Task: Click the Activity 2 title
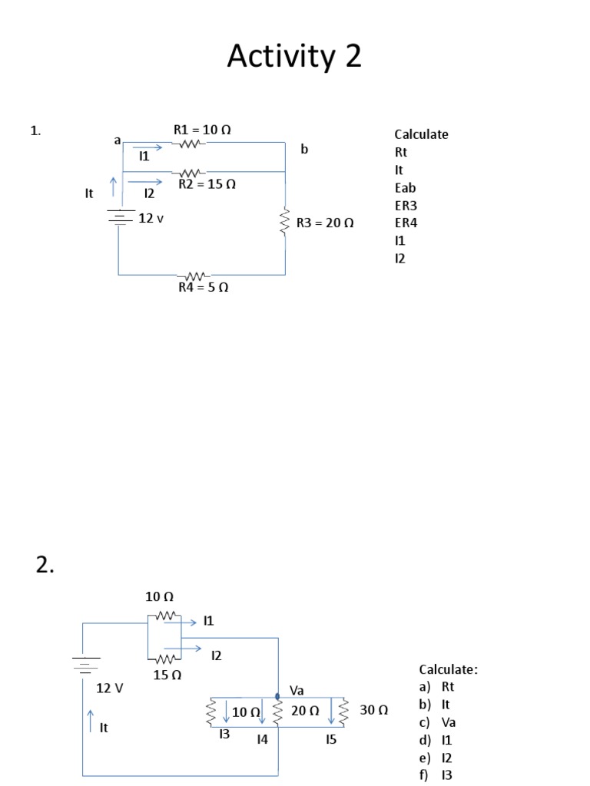(294, 57)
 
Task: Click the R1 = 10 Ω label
(202, 130)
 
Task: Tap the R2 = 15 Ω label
(207, 184)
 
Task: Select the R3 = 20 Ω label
(325, 223)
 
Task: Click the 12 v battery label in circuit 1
(151, 219)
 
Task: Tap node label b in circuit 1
(304, 149)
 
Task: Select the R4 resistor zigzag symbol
(194, 276)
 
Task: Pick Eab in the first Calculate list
(406, 188)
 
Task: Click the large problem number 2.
(45, 566)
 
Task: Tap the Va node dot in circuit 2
(277, 696)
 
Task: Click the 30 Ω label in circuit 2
(373, 711)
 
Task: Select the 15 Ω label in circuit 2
(167, 675)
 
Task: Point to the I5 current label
(330, 740)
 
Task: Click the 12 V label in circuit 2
(109, 689)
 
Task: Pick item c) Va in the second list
(443, 722)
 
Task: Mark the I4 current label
(263, 740)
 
